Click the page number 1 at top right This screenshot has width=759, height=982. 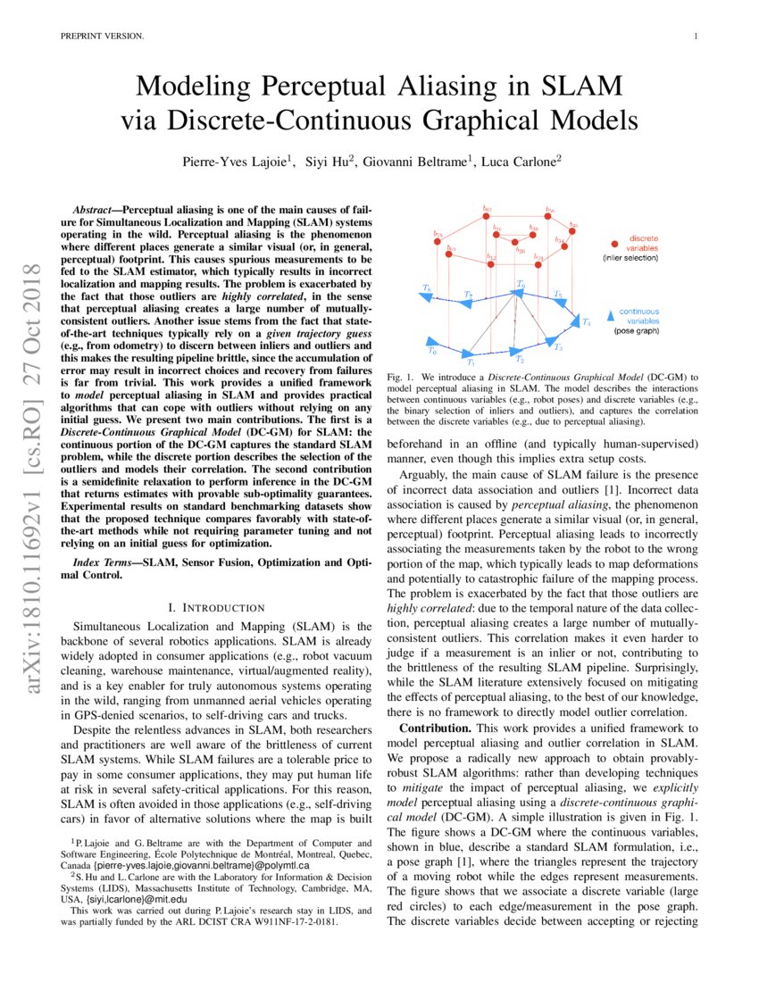click(x=694, y=36)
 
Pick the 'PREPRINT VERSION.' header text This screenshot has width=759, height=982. click(x=101, y=36)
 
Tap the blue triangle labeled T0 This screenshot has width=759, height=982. click(x=432, y=340)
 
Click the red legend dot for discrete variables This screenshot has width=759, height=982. click(x=615, y=243)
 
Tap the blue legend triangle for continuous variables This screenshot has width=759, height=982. click(x=610, y=312)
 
